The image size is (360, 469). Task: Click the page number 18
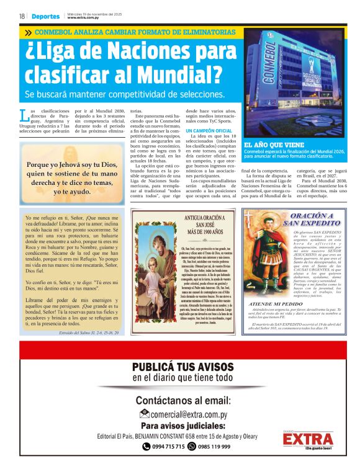tap(22, 16)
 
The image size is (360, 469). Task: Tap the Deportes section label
tap(47, 16)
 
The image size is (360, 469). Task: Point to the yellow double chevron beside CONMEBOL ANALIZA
tap(28, 32)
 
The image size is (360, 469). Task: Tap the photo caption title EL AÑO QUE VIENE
tap(271, 144)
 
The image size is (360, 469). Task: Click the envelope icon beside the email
tap(144, 414)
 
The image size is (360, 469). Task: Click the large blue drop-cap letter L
tap(24, 115)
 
